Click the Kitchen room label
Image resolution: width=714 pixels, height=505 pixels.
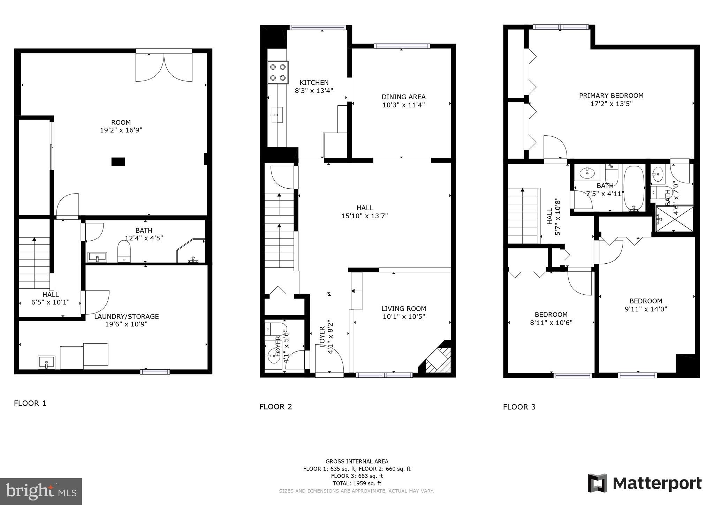[x=314, y=83]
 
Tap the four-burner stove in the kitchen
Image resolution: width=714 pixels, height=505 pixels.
[x=278, y=72]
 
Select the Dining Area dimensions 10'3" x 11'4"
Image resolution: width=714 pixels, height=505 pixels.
[x=403, y=105]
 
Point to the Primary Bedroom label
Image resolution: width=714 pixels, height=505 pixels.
[x=611, y=96]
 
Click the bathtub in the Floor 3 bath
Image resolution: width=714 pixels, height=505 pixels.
[x=633, y=188]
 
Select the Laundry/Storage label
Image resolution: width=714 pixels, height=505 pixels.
[x=127, y=317]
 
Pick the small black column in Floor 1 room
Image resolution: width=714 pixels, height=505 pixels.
[x=118, y=161]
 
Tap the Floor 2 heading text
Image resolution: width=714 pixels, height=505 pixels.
[x=275, y=407]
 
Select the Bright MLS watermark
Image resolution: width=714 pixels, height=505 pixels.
[x=41, y=491]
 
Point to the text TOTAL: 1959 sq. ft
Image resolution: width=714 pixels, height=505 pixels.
[x=357, y=483]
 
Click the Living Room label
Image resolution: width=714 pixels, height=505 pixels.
[x=403, y=309]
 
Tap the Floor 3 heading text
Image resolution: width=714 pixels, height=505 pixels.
[x=519, y=407]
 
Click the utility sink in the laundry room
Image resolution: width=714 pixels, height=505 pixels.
[x=46, y=362]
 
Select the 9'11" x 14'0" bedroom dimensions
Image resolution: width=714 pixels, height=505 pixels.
[x=645, y=309]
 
